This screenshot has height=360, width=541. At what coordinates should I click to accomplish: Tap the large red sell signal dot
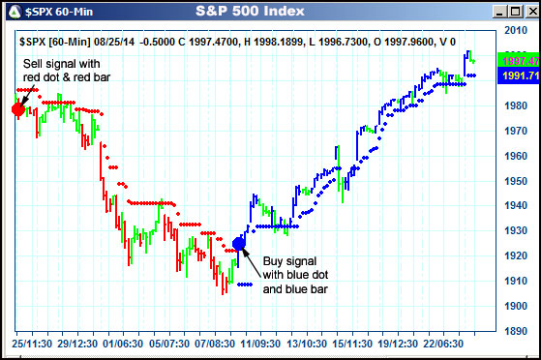[x=18, y=108]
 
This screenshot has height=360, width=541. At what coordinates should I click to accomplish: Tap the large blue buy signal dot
[x=240, y=243]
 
